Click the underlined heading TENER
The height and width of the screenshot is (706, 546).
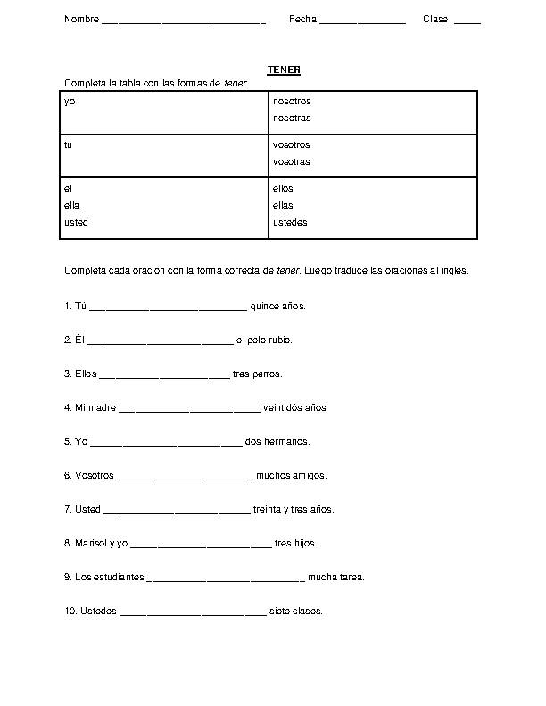pos(284,70)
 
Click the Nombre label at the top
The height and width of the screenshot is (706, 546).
pos(81,19)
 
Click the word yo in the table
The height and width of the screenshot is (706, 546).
pos(70,102)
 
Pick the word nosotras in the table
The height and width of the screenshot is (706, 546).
pos(292,118)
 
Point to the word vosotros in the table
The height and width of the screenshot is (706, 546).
pos(292,144)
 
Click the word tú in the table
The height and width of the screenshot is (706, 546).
pos(69,144)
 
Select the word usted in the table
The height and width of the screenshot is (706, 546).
pos(77,222)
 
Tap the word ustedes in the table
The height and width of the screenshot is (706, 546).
pos(290,222)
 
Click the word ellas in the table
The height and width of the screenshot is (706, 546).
pos(283,205)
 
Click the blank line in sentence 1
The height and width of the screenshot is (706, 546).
pos(168,308)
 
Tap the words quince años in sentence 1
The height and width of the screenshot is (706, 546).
pos(277,306)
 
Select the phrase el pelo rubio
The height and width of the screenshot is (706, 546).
pos(264,340)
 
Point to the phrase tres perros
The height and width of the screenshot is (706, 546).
pos(257,374)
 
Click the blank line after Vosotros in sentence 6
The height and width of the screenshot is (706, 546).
pos(185,478)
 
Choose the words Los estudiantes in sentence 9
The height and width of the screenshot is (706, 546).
pos(103,577)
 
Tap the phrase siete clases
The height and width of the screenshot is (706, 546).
pos(295,611)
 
